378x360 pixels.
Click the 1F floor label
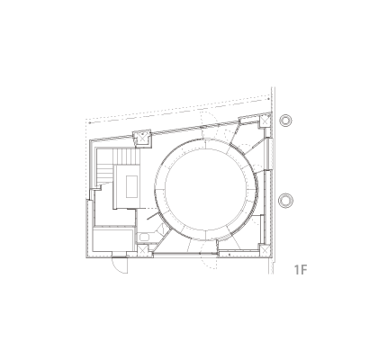(301, 270)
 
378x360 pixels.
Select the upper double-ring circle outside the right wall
(285, 121)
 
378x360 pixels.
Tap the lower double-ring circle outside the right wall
(285, 201)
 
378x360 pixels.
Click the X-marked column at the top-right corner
(265, 121)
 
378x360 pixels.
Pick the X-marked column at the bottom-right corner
(265, 250)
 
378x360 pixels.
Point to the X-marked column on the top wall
(141, 138)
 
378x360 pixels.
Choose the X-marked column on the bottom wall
(142, 250)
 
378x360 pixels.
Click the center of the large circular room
(206, 190)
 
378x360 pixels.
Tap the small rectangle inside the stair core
(131, 186)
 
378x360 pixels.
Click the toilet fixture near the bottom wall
(144, 238)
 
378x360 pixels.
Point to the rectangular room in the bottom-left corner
(113, 239)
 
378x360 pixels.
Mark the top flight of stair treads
(126, 157)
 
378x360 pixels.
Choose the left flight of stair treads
(105, 174)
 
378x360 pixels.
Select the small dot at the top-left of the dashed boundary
(90, 122)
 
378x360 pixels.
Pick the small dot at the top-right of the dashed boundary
(269, 98)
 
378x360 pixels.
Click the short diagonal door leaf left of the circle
(152, 216)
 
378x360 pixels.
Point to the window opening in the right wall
(268, 154)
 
